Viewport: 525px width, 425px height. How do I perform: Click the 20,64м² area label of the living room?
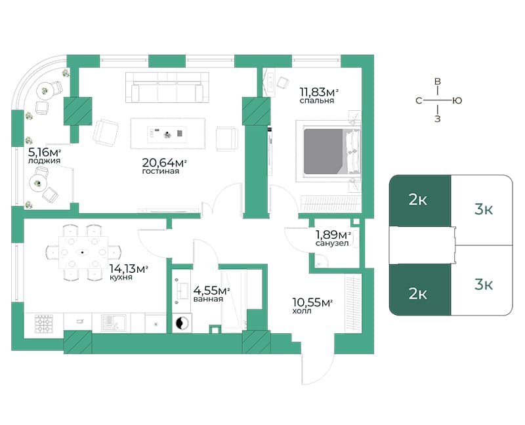coord(165,163)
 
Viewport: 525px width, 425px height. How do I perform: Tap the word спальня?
coord(317,101)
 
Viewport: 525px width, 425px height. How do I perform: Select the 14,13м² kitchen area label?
coord(129,268)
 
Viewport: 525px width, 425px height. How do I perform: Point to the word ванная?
coord(208,299)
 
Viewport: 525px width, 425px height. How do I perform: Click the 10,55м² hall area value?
coord(312,302)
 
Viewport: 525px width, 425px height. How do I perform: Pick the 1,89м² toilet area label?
coord(333,235)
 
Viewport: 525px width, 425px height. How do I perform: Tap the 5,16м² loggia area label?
coord(45,153)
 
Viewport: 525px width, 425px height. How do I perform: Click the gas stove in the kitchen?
coord(44,323)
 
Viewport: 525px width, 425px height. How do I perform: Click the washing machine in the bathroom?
coord(182,323)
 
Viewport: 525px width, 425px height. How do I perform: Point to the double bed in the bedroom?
coord(328,152)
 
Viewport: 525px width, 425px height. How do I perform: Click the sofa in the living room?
coord(167,87)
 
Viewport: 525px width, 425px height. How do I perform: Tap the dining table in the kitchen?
coord(83,252)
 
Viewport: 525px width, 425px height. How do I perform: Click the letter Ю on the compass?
coord(457,100)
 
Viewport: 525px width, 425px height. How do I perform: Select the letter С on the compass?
coord(419,101)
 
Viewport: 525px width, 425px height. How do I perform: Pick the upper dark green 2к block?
coord(420,201)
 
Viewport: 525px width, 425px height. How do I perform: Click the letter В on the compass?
coord(437,81)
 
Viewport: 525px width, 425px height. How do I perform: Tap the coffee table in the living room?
coord(168,133)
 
